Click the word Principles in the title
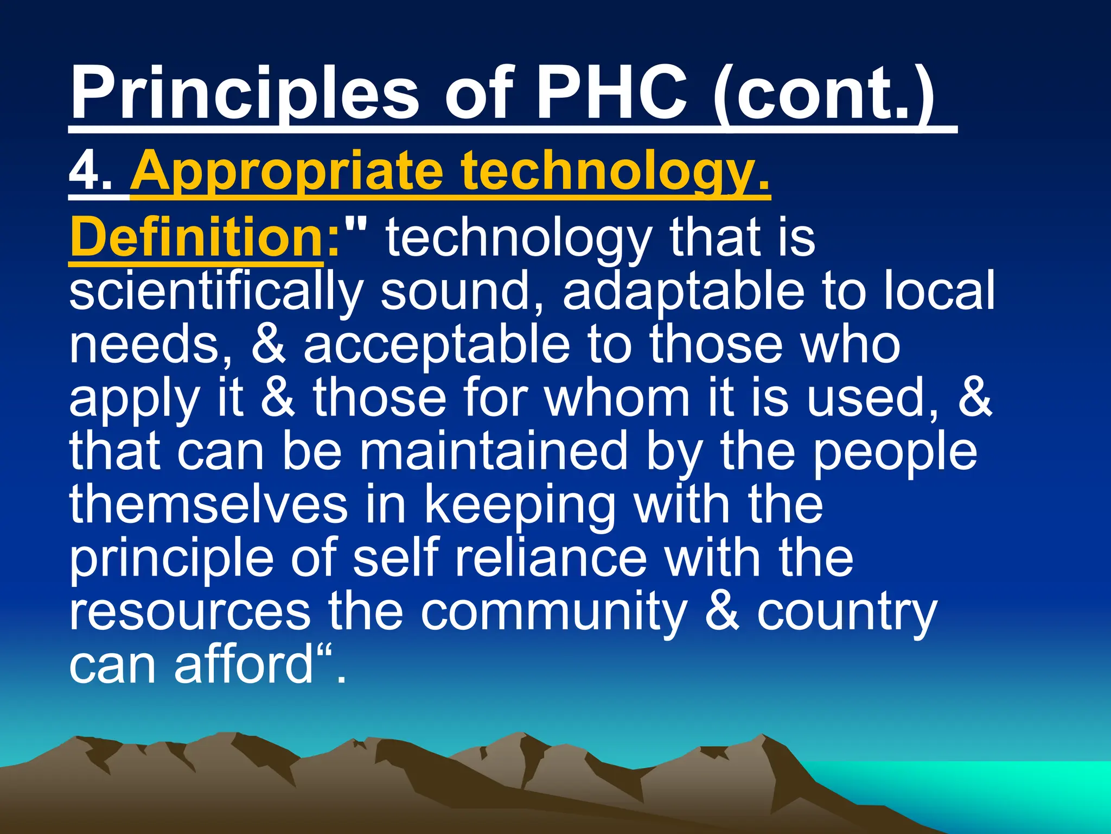[x=244, y=93]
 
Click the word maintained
[x=494, y=451]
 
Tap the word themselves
[x=208, y=504]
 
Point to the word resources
[x=190, y=612]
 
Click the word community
[x=553, y=612]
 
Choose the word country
[x=846, y=612]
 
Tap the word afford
[x=244, y=665]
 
